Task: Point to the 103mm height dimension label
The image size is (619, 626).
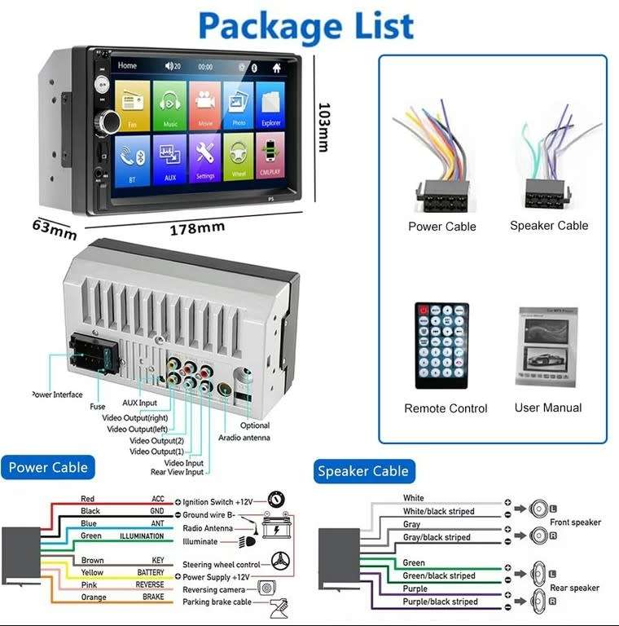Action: point(323,126)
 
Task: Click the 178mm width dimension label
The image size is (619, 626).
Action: point(196,229)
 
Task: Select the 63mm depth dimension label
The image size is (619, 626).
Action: point(55,229)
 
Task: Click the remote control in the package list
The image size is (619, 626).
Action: point(441,346)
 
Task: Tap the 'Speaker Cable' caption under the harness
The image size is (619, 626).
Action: point(549,226)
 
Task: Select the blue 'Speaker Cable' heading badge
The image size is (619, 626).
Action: point(362,471)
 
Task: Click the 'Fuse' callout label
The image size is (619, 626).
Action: point(97,405)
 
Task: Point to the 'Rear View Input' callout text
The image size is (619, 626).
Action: point(177,472)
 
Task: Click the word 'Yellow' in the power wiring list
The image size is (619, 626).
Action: point(93,573)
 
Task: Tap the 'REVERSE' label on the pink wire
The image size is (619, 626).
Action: point(150,584)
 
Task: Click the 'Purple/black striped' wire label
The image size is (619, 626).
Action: point(440,602)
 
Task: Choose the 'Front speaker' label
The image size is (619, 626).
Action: point(575,522)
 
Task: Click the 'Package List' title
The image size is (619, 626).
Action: point(306,26)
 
